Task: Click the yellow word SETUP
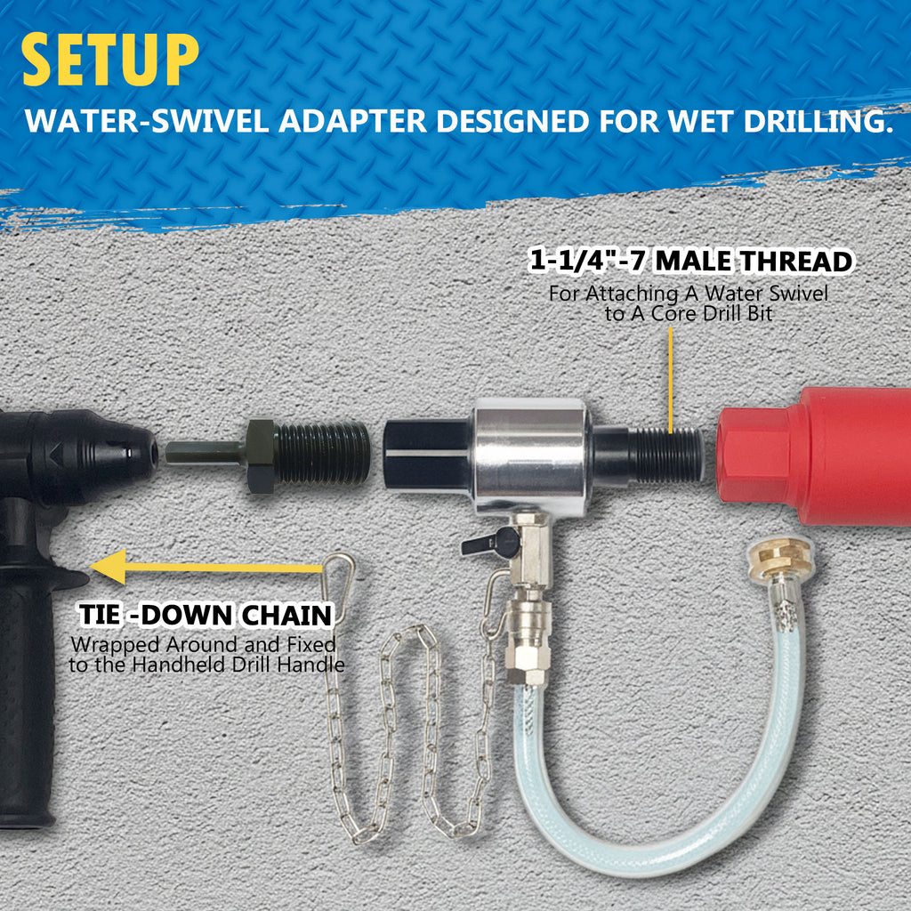click(x=110, y=60)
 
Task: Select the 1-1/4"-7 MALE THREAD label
click(x=690, y=261)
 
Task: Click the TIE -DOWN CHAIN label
click(x=206, y=615)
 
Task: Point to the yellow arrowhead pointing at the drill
click(x=109, y=567)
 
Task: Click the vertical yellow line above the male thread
click(x=671, y=380)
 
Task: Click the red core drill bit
click(x=813, y=455)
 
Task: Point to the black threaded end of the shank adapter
click(x=322, y=454)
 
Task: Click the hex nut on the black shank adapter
click(x=261, y=456)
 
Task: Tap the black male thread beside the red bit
click(x=665, y=455)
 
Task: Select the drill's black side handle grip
click(x=27, y=697)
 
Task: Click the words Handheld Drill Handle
click(x=238, y=664)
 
